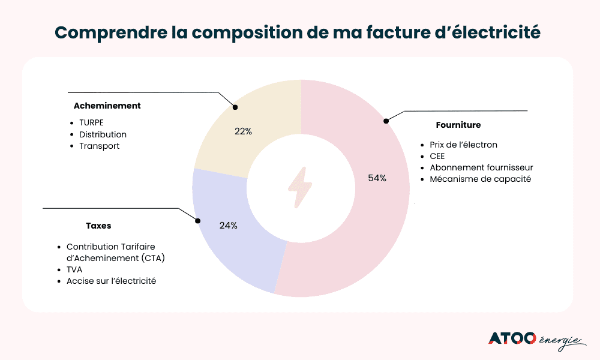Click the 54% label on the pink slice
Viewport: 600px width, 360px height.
pos(377,178)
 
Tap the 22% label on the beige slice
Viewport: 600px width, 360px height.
pos(243,131)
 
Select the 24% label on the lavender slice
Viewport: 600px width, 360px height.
pos(228,226)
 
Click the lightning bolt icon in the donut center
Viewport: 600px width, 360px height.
pos(300,187)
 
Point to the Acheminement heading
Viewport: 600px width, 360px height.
pos(107,106)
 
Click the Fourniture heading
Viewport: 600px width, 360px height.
pos(458,125)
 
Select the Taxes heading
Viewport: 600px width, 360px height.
pos(98,226)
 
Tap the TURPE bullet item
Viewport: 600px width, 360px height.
pos(91,122)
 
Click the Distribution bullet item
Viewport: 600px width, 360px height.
pos(103,134)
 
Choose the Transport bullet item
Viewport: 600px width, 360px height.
pos(99,146)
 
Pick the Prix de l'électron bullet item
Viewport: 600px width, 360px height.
pos(463,145)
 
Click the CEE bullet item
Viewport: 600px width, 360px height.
pos(437,156)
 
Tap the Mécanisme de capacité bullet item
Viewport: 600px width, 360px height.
pos(480,179)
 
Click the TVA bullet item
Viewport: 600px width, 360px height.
pos(74,269)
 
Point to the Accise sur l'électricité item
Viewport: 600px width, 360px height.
pos(111,281)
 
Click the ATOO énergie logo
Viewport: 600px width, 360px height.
pos(536,339)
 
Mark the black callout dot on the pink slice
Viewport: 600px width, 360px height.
pos(386,121)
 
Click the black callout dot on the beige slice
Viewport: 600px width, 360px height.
pos(235,107)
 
